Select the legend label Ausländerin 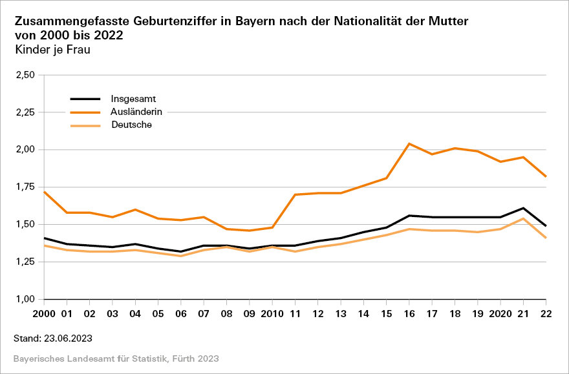[136, 112]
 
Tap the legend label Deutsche [131, 125]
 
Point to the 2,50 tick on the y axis [24, 75]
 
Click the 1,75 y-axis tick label [24, 187]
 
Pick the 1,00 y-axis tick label [24, 300]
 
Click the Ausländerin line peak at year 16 [409, 143]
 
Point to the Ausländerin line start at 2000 [43, 192]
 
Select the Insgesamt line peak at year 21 [523, 208]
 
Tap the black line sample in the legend [85, 99]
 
